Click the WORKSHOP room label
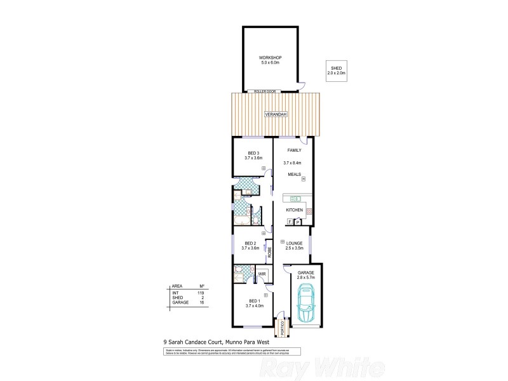[271, 58]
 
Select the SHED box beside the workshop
[336, 71]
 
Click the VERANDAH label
[276, 114]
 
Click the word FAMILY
[294, 150]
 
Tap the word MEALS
[294, 173]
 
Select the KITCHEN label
[294, 210]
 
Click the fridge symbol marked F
[290, 222]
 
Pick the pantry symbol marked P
[297, 222]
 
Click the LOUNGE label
[293, 243]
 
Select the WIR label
[262, 274]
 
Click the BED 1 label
[253, 301]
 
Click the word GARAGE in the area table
[180, 302]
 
